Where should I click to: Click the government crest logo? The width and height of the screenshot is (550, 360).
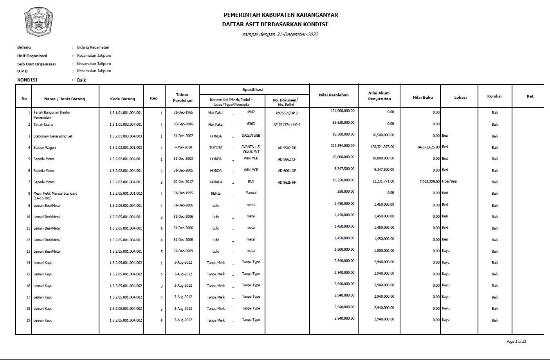click(x=38, y=22)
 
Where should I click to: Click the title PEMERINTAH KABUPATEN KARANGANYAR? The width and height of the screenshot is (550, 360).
click(x=281, y=15)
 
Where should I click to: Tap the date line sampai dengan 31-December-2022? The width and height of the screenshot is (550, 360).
click(x=280, y=34)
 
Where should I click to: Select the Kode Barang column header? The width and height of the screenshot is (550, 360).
click(x=123, y=99)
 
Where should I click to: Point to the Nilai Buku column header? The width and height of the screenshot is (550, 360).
click(x=423, y=98)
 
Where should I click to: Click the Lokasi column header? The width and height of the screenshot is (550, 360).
click(x=460, y=98)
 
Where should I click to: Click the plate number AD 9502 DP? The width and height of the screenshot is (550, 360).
click(x=287, y=148)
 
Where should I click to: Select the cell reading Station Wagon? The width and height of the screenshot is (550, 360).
click(x=45, y=148)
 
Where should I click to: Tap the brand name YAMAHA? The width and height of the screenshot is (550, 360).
click(x=216, y=182)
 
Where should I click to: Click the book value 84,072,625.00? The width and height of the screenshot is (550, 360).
click(x=429, y=147)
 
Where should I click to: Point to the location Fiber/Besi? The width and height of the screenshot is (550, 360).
click(x=449, y=181)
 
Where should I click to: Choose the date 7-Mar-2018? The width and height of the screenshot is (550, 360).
click(x=183, y=147)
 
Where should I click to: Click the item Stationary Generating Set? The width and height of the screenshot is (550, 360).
click(x=53, y=136)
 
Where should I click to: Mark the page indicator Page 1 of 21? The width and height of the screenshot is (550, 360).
click(x=516, y=342)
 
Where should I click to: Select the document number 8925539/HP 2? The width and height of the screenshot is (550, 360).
click(x=287, y=113)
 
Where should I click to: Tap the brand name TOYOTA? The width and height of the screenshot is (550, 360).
click(x=216, y=148)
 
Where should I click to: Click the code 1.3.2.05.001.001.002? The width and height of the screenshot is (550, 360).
click(x=126, y=194)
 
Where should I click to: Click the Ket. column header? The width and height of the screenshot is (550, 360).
click(x=530, y=96)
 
